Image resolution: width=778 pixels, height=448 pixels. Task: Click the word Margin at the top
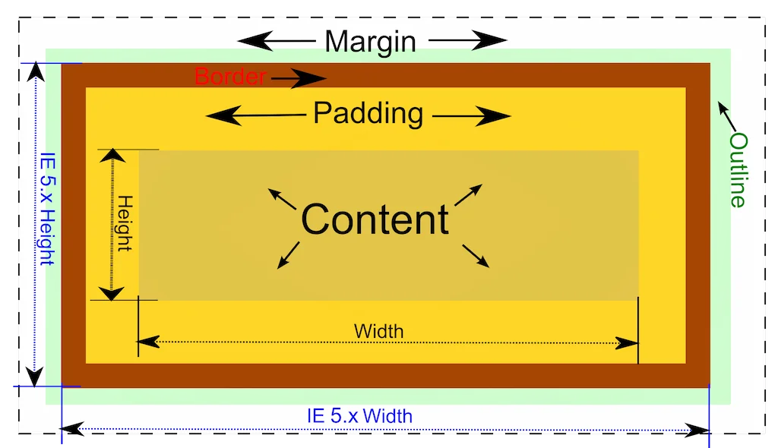point(370,41)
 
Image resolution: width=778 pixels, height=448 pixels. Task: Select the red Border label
point(230,77)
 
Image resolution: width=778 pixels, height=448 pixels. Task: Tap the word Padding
point(368,114)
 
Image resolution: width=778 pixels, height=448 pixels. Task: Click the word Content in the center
point(375,219)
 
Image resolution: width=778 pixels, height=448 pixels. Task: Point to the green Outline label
point(738,169)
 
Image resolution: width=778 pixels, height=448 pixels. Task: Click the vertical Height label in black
point(125,224)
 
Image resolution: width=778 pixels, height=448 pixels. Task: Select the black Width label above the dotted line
point(378,332)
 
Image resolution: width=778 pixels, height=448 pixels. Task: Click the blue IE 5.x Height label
point(47,209)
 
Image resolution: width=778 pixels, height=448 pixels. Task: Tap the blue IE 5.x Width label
point(359,416)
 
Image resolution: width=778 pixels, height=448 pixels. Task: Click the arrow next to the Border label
point(299,77)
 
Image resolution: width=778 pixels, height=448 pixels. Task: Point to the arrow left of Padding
point(255,115)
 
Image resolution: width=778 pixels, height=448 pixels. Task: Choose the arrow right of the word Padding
point(473,116)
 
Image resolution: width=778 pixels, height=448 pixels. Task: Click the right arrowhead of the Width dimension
point(628,342)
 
